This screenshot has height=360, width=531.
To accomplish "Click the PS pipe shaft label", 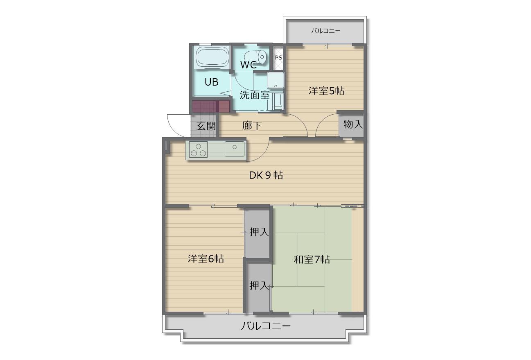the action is point(278,57).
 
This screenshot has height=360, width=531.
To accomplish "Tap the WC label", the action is point(249,65).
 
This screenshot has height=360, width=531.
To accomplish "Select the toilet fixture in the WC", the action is point(255,57).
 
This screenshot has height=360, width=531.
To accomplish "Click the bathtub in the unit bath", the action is point(212,57).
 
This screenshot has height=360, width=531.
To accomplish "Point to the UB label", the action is point(211,82).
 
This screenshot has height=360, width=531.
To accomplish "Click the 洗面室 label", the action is point(255,95).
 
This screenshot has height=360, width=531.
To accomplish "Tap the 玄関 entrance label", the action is point(206,126).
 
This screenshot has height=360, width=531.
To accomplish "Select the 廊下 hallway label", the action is point(252,125).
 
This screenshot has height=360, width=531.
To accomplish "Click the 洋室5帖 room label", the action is point(326,91).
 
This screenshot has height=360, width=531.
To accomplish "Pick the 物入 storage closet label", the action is point(353,124).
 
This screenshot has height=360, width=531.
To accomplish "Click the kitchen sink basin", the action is point(235,149).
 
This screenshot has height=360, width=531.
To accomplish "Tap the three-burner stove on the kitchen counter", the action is point(198,149).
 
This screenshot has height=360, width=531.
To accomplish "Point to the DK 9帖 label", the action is point(266,175).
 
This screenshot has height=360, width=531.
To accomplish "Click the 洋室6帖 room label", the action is point(206,258).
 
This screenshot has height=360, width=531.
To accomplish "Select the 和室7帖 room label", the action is point(312,260).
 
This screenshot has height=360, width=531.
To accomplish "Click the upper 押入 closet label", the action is point(259,232).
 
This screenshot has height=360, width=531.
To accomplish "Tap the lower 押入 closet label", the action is point(259,285).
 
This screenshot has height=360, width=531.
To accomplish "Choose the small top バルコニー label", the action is point(326,31).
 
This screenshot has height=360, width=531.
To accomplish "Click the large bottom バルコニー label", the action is point(266,326).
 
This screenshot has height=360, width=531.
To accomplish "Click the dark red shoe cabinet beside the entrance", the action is point(211,106).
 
